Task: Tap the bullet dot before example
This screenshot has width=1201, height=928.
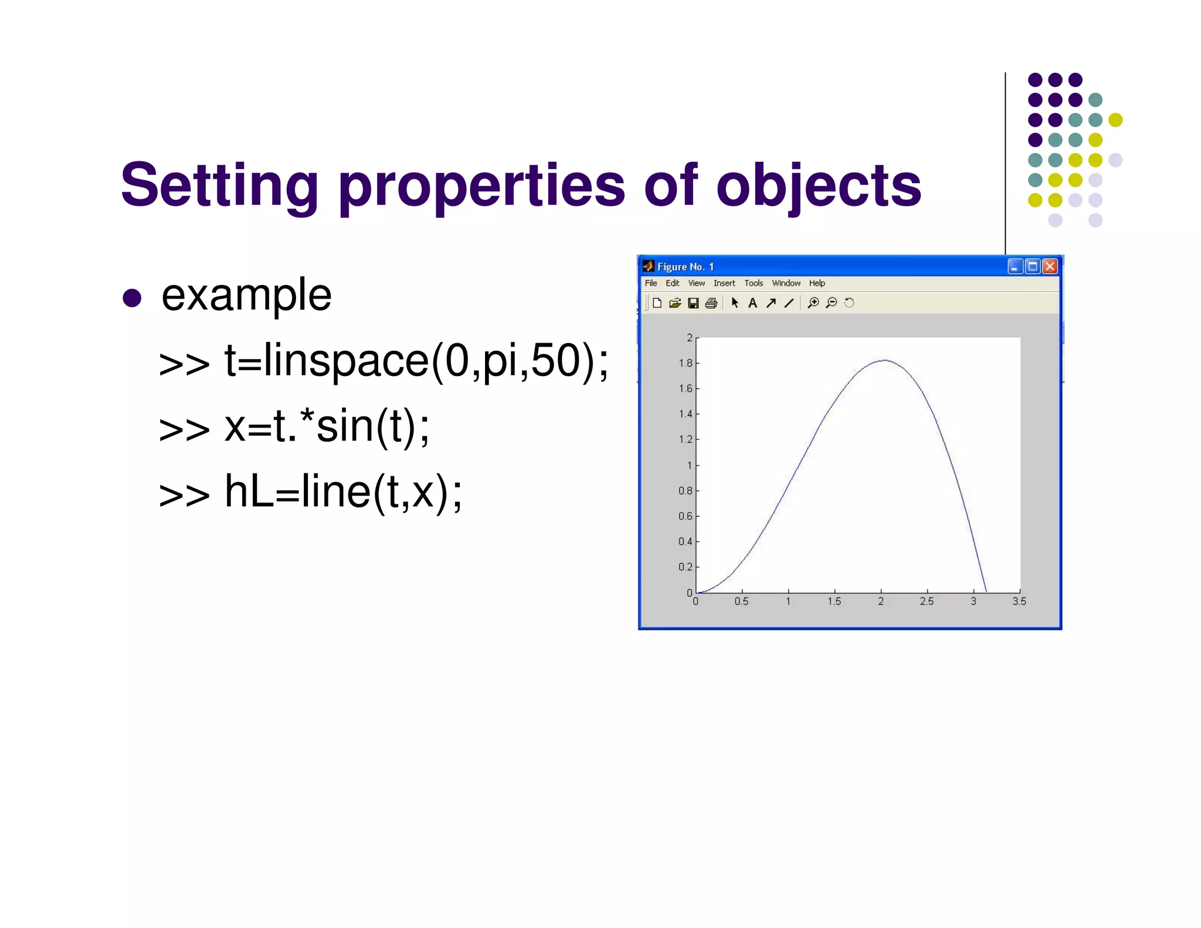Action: (x=133, y=297)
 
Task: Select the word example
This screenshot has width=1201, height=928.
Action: (x=246, y=295)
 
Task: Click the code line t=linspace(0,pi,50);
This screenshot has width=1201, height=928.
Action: (x=416, y=361)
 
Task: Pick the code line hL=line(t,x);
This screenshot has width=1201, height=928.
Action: (x=343, y=492)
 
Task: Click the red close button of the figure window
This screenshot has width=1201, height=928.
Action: (x=1050, y=267)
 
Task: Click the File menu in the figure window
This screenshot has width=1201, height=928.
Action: (x=651, y=283)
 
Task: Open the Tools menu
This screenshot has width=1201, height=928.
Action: (x=754, y=283)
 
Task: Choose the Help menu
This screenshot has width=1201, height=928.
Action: (x=817, y=283)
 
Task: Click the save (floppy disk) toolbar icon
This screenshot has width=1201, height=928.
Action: (x=693, y=303)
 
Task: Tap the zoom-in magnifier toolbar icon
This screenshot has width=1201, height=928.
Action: (x=813, y=303)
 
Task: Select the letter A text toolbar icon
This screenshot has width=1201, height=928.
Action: (x=753, y=303)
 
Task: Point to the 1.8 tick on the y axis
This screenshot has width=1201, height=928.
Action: (x=686, y=363)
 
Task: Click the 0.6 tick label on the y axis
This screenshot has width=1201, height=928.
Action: (x=686, y=516)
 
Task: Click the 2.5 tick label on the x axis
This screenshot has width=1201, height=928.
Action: (x=927, y=601)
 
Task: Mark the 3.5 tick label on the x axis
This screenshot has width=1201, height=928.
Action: (x=1019, y=601)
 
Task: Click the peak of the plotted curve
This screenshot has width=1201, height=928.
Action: (x=884, y=360)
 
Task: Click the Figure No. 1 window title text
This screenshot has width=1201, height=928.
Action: (x=686, y=267)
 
